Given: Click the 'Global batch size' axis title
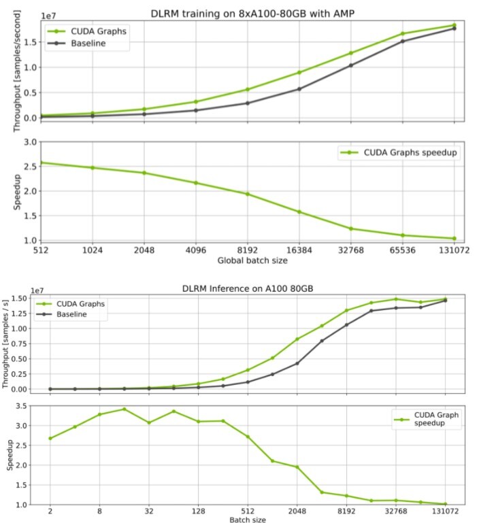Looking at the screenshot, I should (252, 260).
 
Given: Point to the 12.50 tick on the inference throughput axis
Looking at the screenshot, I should (24, 313).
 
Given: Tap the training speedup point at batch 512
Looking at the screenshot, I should (41, 163).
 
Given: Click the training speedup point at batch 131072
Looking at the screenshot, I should (454, 239).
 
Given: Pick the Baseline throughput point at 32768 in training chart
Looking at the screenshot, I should (351, 65).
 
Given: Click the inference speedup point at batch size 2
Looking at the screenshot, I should (50, 438).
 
